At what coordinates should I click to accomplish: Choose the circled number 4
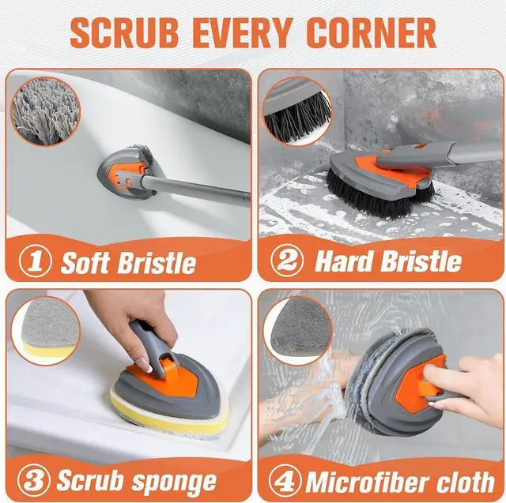click(x=285, y=480)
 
